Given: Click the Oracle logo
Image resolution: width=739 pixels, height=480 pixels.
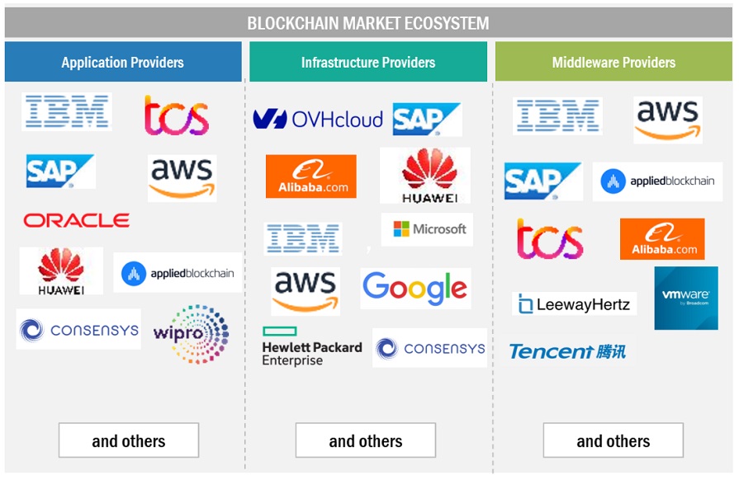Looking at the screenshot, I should point(76,220).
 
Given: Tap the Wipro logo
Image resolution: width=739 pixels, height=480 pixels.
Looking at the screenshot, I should point(191,334).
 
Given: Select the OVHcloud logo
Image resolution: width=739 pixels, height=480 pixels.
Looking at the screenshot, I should point(318,120).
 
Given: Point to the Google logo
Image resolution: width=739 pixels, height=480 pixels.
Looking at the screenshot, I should point(415,288).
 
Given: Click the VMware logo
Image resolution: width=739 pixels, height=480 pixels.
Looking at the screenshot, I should point(685,298).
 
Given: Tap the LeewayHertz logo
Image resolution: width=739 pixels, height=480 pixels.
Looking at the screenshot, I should point(575,304).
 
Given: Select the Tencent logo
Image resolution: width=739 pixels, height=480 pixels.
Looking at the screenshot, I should point(567,351).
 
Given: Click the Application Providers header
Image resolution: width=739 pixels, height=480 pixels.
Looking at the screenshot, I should point(122,62).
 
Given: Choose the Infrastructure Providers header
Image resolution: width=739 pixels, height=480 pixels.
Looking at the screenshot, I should point(368,62).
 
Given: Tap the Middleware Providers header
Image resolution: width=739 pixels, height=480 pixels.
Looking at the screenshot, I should point(613,62).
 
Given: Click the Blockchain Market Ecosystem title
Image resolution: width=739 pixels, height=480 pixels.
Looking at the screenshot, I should point(368,23).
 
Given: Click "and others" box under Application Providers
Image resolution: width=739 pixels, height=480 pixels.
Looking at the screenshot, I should point(128,440).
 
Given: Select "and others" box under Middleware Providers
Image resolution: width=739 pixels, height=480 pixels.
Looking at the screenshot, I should point(613,440).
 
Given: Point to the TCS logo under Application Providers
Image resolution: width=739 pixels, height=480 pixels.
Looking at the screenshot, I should point(176,115).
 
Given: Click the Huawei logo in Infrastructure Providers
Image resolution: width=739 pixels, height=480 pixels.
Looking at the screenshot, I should point(424,176).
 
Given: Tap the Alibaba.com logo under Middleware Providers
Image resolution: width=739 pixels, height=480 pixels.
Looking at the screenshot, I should point(662,239).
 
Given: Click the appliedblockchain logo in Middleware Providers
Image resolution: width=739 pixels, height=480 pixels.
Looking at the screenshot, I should point(657,181).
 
